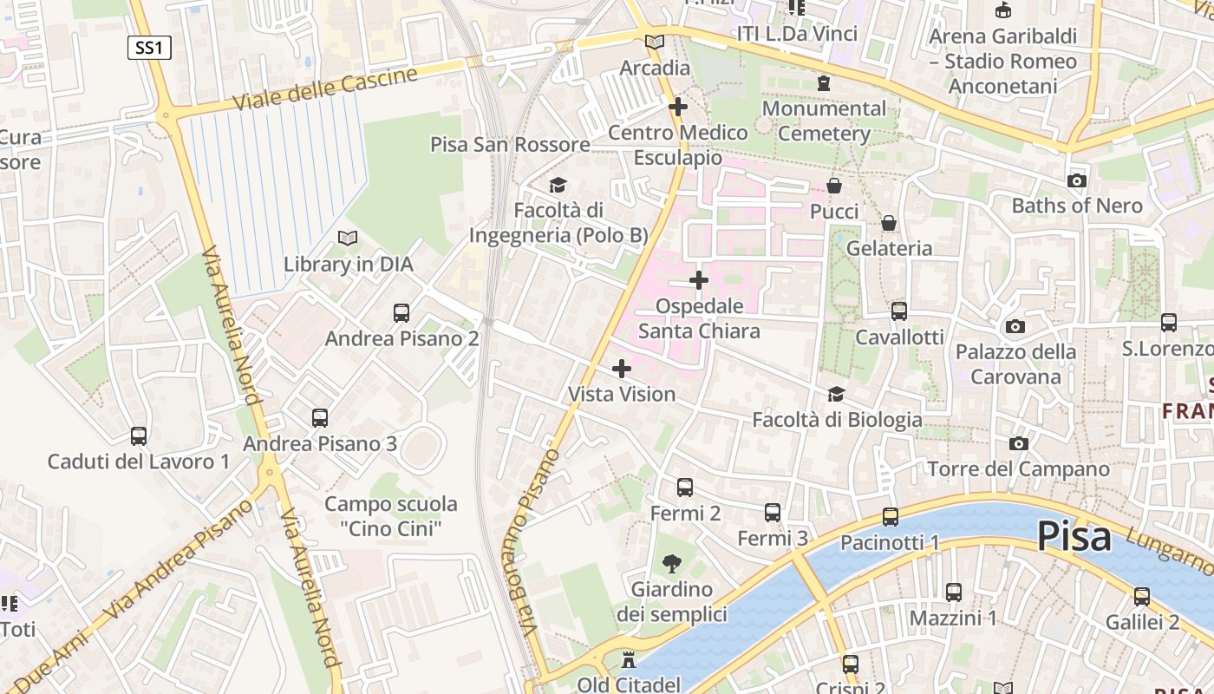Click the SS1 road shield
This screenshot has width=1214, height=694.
click(x=149, y=48)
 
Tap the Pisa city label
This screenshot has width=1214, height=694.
click(x=1074, y=536)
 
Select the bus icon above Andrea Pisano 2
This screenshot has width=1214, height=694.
click(x=401, y=313)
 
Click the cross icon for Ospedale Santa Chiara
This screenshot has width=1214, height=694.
click(x=699, y=280)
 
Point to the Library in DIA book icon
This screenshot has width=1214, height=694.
click(x=348, y=238)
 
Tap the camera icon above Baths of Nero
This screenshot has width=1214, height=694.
click(x=1077, y=180)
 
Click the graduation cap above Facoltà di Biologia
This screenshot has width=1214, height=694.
click(x=836, y=395)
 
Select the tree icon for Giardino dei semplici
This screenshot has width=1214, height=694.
click(x=671, y=564)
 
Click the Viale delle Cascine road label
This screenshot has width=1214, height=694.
click(x=325, y=89)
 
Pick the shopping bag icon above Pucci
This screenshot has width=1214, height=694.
click(x=833, y=186)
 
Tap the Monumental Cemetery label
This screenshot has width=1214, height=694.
click(x=824, y=121)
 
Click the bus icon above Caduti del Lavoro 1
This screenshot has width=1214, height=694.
click(x=139, y=435)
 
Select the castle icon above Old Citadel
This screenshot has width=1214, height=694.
click(x=629, y=661)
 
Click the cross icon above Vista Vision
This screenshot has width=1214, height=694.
click(x=622, y=369)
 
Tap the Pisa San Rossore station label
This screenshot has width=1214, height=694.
click(x=510, y=145)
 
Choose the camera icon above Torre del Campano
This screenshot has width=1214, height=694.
click(x=1019, y=443)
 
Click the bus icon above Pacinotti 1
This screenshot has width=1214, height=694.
click(x=891, y=517)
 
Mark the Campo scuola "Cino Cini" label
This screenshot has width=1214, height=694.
click(x=390, y=515)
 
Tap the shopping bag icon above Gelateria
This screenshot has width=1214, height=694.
click(x=889, y=223)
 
